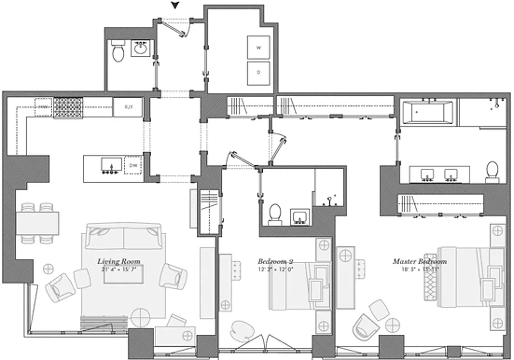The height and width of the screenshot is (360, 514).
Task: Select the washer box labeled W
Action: click(x=258, y=47)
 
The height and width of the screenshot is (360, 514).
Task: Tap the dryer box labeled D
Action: click(x=258, y=72)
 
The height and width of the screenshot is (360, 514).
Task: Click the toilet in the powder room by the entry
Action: click(x=118, y=52)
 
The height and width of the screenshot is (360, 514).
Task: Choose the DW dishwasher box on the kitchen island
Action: click(x=133, y=165)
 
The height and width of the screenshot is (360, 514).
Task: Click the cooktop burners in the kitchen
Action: click(x=68, y=108)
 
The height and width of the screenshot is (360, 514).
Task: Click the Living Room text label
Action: click(x=119, y=261)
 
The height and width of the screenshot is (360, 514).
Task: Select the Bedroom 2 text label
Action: click(x=275, y=261)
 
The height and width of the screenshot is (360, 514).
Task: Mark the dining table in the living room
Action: click(x=38, y=224)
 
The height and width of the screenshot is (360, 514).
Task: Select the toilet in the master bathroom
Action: click(x=492, y=172)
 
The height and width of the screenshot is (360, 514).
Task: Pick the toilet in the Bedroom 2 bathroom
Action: click(x=274, y=214)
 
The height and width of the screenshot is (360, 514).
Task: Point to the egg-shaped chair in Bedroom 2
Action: click(x=243, y=332)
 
